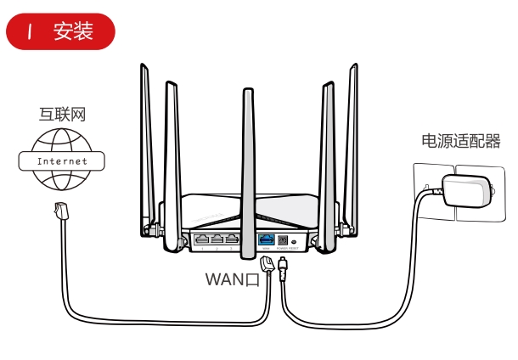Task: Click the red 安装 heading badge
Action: coord(59,32)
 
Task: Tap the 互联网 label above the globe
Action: coord(63,114)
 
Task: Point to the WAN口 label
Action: coord(232,279)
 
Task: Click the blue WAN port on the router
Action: coord(266,239)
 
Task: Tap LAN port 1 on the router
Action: coord(201,239)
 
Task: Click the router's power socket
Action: coord(284,240)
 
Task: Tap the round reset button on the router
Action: coord(297,241)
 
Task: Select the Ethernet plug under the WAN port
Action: coord(266,265)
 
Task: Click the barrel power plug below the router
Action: coord(283,270)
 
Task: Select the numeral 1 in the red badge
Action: coord(31,32)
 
